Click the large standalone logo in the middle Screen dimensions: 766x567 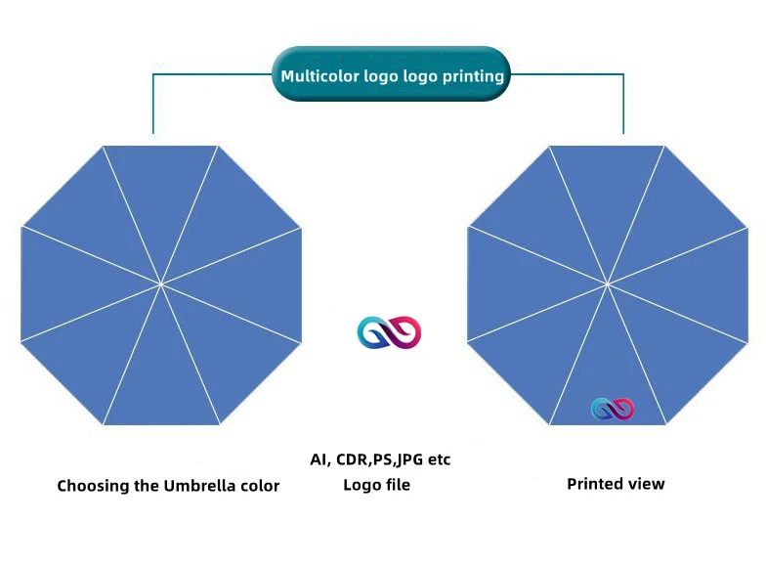tap(389, 333)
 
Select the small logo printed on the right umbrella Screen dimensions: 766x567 tap(613, 409)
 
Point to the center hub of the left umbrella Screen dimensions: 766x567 tap(160, 284)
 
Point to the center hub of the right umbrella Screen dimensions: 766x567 tap(608, 283)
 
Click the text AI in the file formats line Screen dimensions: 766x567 tap(318, 459)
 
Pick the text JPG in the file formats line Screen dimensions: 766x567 tap(409, 459)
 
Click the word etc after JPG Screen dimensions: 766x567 tap(439, 459)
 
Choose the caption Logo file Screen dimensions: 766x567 tap(377, 485)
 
